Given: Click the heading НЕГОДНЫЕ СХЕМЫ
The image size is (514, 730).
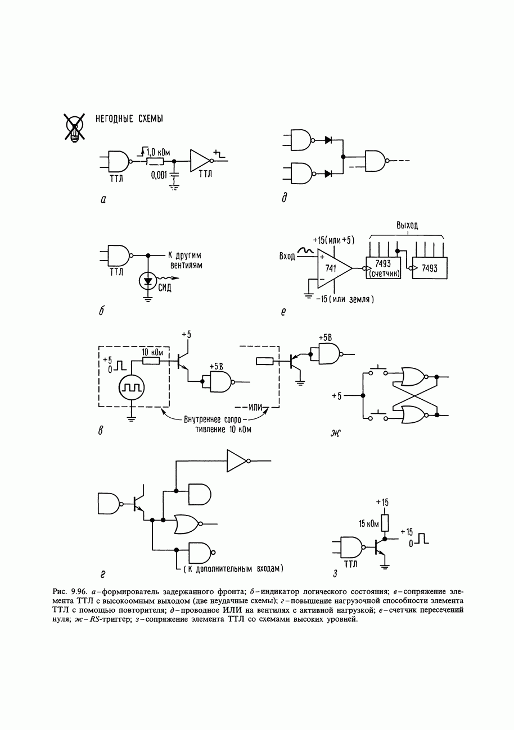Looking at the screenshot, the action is [x=129, y=118].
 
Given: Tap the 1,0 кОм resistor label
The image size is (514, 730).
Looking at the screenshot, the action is [x=158, y=152].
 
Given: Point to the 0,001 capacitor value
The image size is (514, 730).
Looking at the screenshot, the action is [x=159, y=176].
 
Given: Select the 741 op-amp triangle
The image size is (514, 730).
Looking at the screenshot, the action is [x=333, y=268].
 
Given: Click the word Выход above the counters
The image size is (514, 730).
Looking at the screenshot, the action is [x=407, y=225].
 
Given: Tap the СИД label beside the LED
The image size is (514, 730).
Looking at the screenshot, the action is [x=164, y=288].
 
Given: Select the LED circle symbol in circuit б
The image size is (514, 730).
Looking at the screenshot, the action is [x=148, y=281].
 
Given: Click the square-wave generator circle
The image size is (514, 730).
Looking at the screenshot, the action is [x=132, y=387].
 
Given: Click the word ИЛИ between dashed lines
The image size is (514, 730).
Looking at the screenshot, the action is [x=255, y=407].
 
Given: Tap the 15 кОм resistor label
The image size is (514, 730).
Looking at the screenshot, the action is [x=369, y=524].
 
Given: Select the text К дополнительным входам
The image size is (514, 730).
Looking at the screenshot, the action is [x=233, y=569].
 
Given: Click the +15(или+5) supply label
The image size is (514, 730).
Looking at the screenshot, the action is [x=333, y=240].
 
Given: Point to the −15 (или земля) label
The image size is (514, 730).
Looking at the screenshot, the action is [x=345, y=299].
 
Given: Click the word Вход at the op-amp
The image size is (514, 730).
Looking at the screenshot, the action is [x=287, y=256].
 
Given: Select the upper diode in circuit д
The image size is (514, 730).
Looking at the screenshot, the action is [x=328, y=140].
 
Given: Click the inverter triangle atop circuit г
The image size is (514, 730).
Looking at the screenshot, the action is [x=238, y=461].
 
